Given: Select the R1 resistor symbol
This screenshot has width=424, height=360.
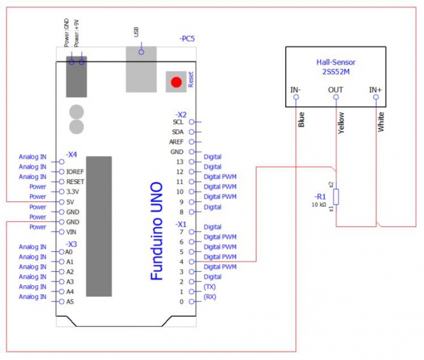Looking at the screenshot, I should pyautogui.click(x=337, y=196).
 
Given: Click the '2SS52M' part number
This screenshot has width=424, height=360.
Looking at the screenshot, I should pyautogui.click(x=336, y=72).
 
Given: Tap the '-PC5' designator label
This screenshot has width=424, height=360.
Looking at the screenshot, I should pyautogui.click(x=187, y=39).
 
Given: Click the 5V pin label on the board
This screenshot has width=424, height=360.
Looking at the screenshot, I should pyautogui.click(x=72, y=201).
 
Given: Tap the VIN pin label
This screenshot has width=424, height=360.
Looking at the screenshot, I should pyautogui.click(x=72, y=231).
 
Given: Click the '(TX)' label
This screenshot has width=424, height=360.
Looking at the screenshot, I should pyautogui.click(x=210, y=287).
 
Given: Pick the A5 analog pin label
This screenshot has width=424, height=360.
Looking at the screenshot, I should pyautogui.click(x=70, y=301).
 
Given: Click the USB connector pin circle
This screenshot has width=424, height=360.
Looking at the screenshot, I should pyautogui.click(x=141, y=52).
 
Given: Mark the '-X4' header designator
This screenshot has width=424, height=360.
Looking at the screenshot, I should pyautogui.click(x=71, y=155).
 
